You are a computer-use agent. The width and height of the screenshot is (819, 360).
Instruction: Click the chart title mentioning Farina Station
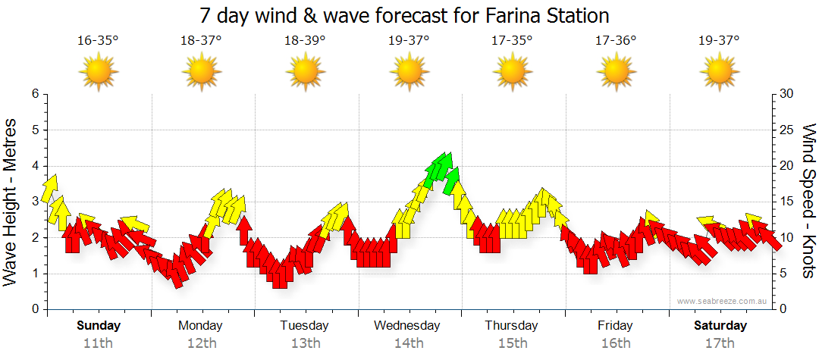(x=405, y=15)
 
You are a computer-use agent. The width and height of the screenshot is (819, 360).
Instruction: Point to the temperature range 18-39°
(x=305, y=40)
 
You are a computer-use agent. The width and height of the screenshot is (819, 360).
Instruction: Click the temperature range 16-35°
(x=98, y=40)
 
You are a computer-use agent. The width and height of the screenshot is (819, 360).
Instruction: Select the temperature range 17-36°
(x=616, y=40)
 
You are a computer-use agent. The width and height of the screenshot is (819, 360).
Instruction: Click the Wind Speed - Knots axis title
(x=808, y=201)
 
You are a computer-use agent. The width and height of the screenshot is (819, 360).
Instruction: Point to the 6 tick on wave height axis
(x=35, y=94)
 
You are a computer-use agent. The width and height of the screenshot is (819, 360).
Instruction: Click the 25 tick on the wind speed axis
(x=787, y=130)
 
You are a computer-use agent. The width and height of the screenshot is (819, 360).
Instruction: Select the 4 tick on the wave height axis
(x=35, y=166)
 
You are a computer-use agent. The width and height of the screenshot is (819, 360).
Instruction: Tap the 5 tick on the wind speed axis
(x=784, y=274)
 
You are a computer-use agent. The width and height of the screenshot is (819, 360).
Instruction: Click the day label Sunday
(x=99, y=326)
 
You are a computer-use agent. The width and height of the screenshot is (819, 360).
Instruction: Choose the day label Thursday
(x=512, y=326)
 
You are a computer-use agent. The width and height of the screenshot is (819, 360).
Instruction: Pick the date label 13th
(x=305, y=343)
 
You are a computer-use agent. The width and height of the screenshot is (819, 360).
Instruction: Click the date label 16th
(x=615, y=343)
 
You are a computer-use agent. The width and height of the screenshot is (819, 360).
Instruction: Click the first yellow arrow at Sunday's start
(x=50, y=187)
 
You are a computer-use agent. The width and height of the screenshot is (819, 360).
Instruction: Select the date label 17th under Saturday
(x=720, y=343)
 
